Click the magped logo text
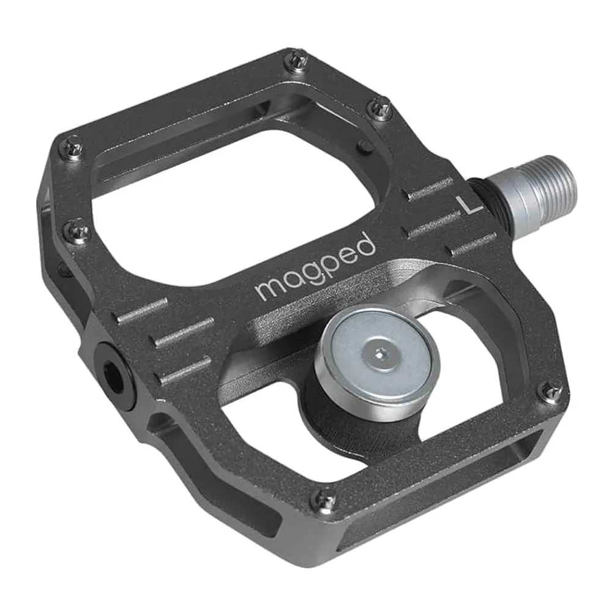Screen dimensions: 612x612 pyautogui.click(x=315, y=269)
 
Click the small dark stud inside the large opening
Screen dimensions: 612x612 pyautogui.click(x=365, y=147)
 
